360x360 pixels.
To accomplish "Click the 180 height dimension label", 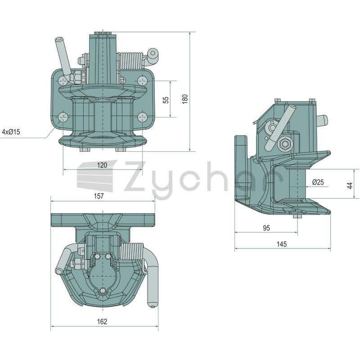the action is coord(185,99).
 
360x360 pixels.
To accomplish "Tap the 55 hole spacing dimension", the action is coord(166,99).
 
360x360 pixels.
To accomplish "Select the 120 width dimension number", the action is coord(102,165).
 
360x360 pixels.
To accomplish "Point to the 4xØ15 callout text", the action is coord(11,132).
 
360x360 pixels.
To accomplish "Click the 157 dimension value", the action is coord(99,196).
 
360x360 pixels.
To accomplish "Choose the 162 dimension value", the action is coord(102,321).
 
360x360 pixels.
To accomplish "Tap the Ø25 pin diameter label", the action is coord(318,182).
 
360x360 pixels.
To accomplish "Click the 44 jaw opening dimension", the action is coord(350,185).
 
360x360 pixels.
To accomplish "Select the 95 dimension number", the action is coord(266,228).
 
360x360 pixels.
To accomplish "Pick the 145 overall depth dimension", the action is coord(282,244).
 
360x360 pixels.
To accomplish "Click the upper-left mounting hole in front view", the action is coord(63,81).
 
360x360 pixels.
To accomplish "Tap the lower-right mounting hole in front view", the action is coord(142,117).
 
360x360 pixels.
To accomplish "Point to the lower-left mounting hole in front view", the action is coord(63,117).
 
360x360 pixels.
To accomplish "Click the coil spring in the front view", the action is coord(131,61).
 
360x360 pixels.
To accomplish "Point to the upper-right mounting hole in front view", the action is coord(142,81).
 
